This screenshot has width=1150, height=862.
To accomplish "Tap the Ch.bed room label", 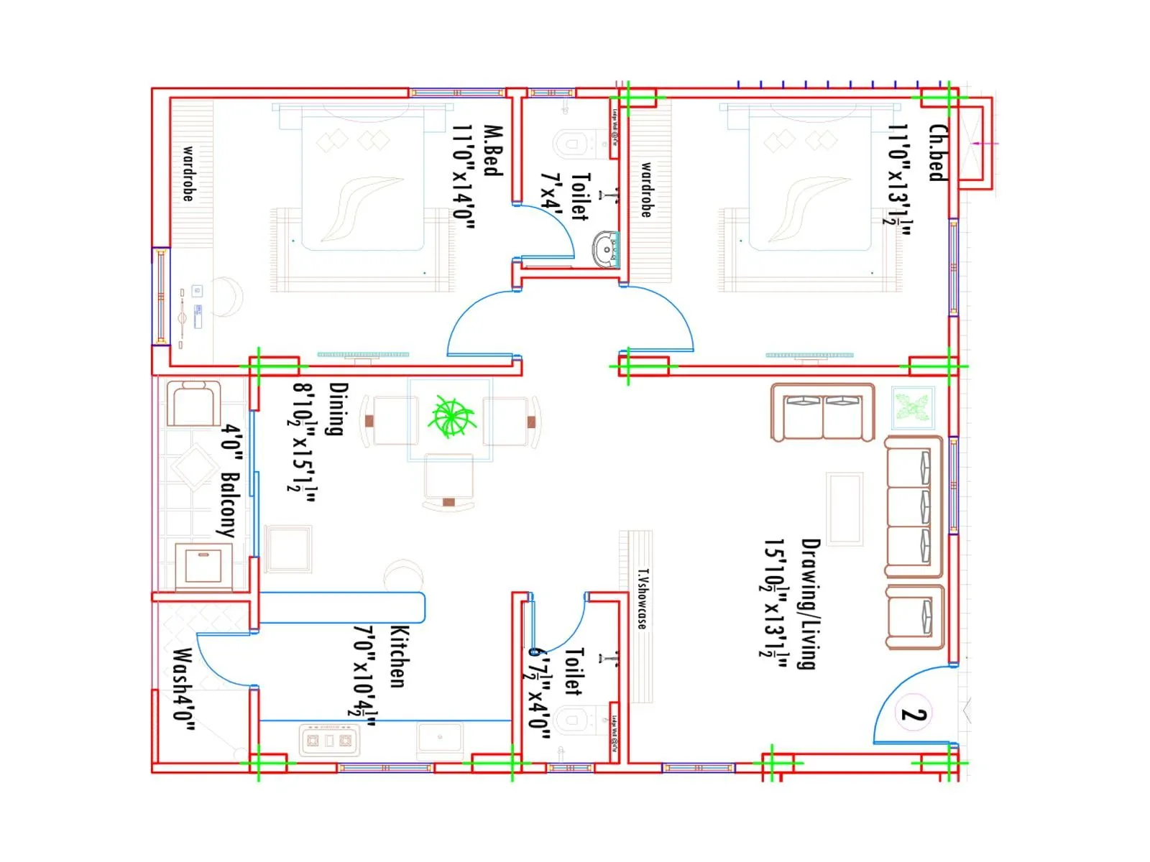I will pyautogui.click(x=938, y=152).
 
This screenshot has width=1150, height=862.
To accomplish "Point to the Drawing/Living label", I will pyautogui.click(x=810, y=603).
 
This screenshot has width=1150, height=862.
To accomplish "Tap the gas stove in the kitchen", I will pyautogui.click(x=329, y=740).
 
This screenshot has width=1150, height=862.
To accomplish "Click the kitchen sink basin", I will pyautogui.click(x=440, y=738).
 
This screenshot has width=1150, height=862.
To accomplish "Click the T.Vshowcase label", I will pyautogui.click(x=643, y=598).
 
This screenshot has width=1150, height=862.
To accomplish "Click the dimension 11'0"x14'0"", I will pyautogui.click(x=464, y=176).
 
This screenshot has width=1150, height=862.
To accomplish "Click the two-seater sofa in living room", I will pyautogui.click(x=822, y=413).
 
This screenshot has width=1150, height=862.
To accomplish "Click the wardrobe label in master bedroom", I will pyautogui.click(x=188, y=173).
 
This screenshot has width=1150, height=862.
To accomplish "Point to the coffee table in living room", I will pyautogui.click(x=845, y=509).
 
